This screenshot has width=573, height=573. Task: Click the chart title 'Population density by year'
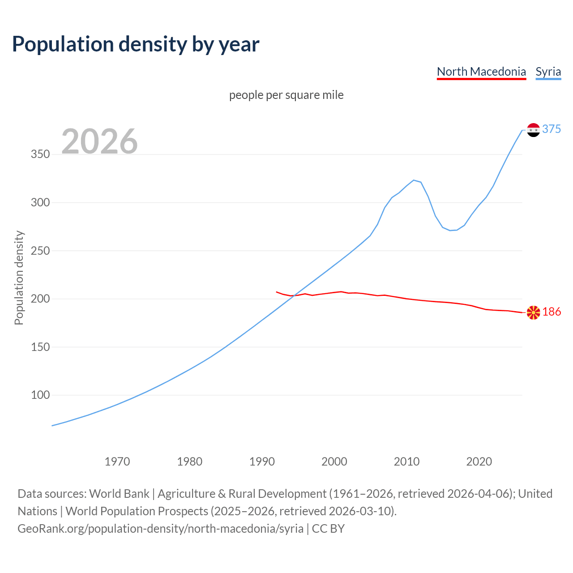pyautogui.click(x=136, y=44)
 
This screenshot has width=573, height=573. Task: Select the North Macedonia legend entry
pyautogui.click(x=481, y=72)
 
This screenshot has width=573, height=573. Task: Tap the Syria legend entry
pyautogui.click(x=548, y=72)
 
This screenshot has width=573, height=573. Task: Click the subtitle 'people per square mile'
pyautogui.click(x=286, y=95)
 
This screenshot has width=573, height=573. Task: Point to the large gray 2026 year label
pyautogui.click(x=99, y=141)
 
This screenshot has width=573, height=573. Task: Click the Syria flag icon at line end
pyautogui.click(x=533, y=130)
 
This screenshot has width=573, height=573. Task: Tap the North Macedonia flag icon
pyautogui.click(x=533, y=312)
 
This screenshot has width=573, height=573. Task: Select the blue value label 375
pyautogui.click(x=552, y=129)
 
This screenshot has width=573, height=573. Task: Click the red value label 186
pyautogui.click(x=552, y=312)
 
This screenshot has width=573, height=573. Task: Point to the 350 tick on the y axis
pyautogui.click(x=40, y=154)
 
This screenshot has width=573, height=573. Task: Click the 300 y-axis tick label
pyautogui.click(x=40, y=203)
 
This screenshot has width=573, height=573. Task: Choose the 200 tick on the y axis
pyautogui.click(x=40, y=299)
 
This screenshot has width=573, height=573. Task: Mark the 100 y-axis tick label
pyautogui.click(x=40, y=395)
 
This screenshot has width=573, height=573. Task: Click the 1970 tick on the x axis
pyautogui.click(x=117, y=462)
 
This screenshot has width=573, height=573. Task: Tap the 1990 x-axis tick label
pyautogui.click(x=262, y=462)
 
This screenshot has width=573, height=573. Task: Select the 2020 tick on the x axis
pyautogui.click(x=479, y=462)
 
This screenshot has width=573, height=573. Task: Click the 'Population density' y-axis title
pyautogui.click(x=19, y=278)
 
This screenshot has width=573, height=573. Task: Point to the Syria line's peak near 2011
pyautogui.click(x=414, y=180)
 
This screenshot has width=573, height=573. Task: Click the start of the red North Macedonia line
pyautogui.click(x=277, y=292)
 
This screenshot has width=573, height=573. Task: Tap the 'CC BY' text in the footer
pyautogui.click(x=328, y=529)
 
